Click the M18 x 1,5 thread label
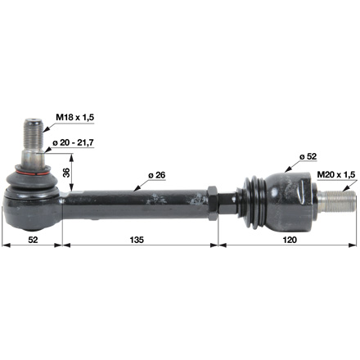74,118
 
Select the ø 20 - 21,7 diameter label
74,142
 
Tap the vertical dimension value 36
66,173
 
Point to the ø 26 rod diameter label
157,175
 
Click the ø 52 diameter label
308,156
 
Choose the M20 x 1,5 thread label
336,175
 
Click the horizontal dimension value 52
33,240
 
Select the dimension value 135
137,240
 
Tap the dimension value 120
290,240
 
